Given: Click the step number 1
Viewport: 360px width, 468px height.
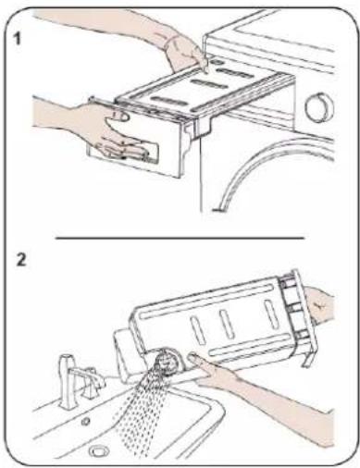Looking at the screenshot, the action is (x=18, y=40).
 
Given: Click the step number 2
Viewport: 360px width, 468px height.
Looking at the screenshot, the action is (x=21, y=260).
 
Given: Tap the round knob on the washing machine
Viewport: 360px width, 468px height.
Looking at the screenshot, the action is (x=319, y=108).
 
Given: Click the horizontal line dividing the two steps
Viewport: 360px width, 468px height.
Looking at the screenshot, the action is (x=180, y=238).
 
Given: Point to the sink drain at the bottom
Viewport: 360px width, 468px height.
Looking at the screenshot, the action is (x=99, y=451).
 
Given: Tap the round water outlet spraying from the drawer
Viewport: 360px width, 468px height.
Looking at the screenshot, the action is (x=167, y=362).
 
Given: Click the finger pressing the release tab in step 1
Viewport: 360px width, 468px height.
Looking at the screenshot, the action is (x=202, y=63).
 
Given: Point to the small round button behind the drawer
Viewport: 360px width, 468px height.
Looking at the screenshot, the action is (x=217, y=62).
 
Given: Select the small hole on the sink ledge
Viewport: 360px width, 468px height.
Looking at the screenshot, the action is (x=86, y=421).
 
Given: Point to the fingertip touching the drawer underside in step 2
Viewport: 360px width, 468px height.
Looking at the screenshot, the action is (x=193, y=358).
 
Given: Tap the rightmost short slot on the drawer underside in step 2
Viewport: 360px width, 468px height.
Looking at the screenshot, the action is (x=271, y=314).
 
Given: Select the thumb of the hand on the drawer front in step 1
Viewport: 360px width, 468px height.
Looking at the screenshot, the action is (x=118, y=117).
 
